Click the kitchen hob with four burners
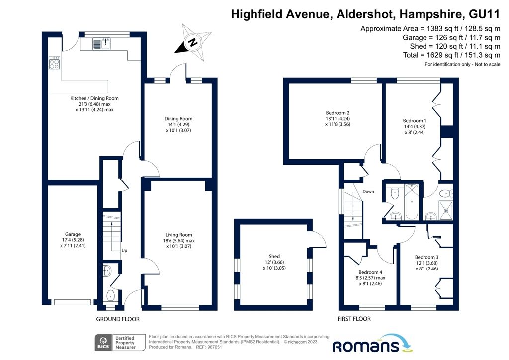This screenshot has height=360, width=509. pyautogui.click(x=54, y=64)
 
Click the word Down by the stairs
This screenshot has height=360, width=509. pyautogui.click(x=368, y=191)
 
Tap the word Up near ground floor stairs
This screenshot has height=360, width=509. pyautogui.click(x=124, y=251)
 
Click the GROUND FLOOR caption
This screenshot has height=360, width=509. pyautogui.click(x=118, y=319)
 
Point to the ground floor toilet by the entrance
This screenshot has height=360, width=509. pyautogui.click(x=111, y=296)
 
